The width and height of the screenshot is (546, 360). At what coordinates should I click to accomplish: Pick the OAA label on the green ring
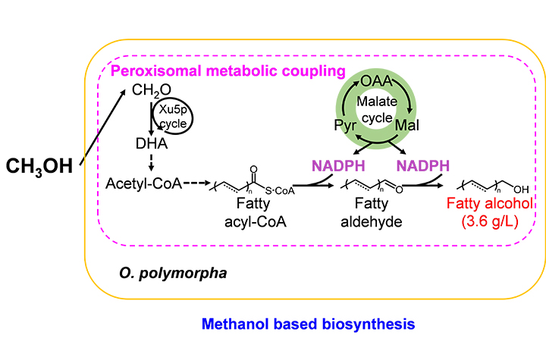[x=375, y=80]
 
